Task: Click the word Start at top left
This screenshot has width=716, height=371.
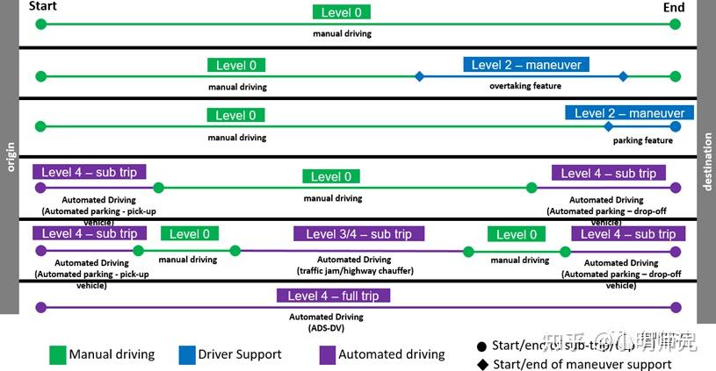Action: coord(43,7)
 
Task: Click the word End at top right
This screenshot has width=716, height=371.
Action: coord(674,7)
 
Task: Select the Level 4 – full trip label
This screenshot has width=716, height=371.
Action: coord(333,296)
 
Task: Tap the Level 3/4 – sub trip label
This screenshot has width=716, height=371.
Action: coord(358,234)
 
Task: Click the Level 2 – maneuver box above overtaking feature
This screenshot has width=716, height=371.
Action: coord(525,65)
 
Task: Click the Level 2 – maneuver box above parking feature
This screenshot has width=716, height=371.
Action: coord(629,113)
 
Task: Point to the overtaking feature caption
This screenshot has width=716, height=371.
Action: coord(524,86)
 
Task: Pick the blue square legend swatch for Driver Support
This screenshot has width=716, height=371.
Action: coord(185,354)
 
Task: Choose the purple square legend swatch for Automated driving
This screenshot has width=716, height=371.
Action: coord(326,354)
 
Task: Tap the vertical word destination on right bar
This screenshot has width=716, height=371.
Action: coord(707,162)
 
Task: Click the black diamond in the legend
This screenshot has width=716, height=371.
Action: coord(481,364)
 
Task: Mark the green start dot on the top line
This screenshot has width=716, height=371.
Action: coord(40,25)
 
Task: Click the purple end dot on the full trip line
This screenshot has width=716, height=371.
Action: coord(675,307)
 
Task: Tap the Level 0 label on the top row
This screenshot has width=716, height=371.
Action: coord(342,12)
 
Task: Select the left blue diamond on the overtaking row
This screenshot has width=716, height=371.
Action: coord(419,76)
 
